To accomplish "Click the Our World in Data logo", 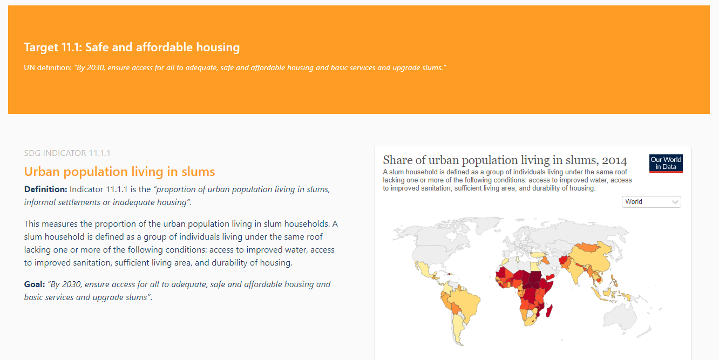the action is (666, 164).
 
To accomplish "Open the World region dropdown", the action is (652, 202).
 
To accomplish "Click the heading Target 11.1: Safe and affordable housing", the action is (132, 47).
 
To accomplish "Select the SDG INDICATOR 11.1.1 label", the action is (67, 153).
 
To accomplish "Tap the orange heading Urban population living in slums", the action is (119, 172).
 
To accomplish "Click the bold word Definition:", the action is (45, 189).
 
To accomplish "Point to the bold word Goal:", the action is (35, 284).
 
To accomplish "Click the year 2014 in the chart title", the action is (614, 160).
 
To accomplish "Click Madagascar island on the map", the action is (550, 311).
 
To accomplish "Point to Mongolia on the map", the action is (587, 247).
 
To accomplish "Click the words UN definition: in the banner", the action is (48, 67).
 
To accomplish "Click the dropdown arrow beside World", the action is (675, 202).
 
